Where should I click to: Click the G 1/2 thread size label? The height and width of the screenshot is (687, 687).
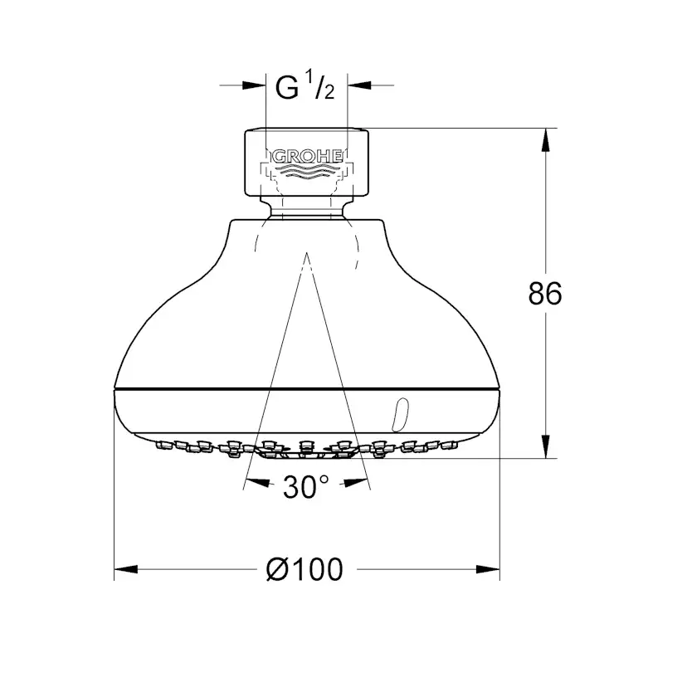(305, 87)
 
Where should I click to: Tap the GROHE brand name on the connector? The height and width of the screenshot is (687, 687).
(305, 155)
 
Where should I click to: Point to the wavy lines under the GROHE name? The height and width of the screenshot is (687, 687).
(305, 172)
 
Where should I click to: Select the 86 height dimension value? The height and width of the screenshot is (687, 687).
(545, 294)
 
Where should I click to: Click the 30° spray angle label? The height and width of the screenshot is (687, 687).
(305, 488)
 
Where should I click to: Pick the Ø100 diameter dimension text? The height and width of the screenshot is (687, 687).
(305, 569)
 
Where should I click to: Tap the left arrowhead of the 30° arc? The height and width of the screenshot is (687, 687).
(254, 481)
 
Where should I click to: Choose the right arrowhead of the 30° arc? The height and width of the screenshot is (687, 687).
(358, 481)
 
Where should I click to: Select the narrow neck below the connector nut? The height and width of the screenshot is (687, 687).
(305, 209)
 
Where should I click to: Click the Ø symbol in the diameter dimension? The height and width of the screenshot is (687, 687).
(276, 569)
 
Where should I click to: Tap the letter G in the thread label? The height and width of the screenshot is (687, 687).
(286, 88)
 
